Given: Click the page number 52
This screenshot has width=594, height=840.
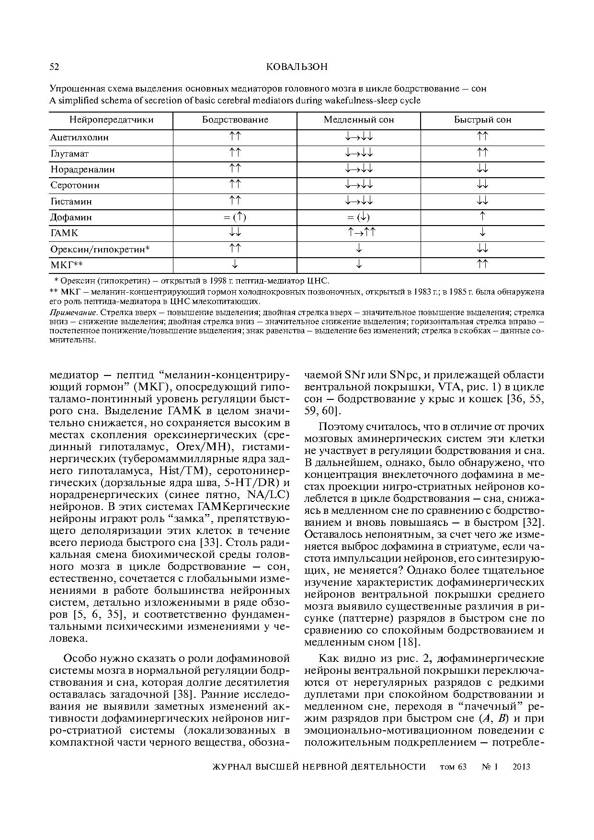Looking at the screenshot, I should pyautogui.click(x=54, y=67).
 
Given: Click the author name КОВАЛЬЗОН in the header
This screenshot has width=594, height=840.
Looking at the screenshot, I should pyautogui.click(x=297, y=67).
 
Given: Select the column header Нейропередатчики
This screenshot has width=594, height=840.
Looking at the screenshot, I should pyautogui.click(x=111, y=120).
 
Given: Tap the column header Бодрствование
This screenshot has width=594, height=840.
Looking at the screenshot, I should pyautogui.click(x=235, y=120).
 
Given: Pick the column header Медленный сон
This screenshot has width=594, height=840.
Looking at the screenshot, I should pyautogui.click(x=359, y=120).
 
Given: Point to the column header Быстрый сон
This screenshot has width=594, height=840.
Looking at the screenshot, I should pyautogui.click(x=482, y=120).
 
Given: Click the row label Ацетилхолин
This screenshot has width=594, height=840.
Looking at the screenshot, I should pyautogui.click(x=80, y=137).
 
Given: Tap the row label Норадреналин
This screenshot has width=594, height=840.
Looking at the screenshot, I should pyautogui.click(x=82, y=170).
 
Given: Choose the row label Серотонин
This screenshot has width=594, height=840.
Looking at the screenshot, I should pyautogui.click(x=75, y=185).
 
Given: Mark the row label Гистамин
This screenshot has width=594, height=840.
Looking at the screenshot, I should pyautogui.click(x=71, y=202).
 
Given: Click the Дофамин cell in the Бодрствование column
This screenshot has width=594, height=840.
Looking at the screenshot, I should pyautogui.click(x=235, y=217).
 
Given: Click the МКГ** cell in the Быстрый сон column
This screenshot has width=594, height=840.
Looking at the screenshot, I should pyautogui.click(x=483, y=264).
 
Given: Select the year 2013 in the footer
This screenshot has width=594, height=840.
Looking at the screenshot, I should pyautogui.click(x=521, y=767).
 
